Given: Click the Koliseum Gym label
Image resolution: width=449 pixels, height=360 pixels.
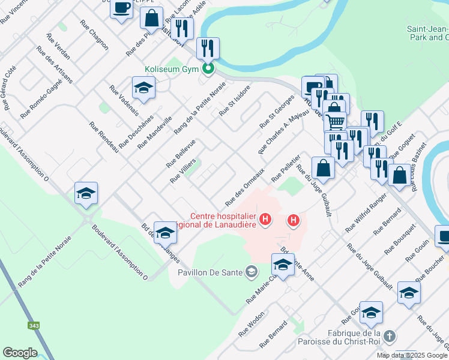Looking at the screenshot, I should (173, 69).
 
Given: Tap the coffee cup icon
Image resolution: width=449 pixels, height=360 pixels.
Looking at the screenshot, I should (122, 8).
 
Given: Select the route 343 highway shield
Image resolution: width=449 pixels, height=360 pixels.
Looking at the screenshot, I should (34, 326).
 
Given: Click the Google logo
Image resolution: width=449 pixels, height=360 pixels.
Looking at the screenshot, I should (20, 353).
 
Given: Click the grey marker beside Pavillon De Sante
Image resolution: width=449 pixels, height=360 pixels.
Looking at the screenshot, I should (253, 272).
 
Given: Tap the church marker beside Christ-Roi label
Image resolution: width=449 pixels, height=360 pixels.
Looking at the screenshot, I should (390, 336).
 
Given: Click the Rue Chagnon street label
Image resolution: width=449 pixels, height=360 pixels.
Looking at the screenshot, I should (93, 35).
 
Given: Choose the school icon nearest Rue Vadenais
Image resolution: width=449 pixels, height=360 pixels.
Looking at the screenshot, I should (143, 88).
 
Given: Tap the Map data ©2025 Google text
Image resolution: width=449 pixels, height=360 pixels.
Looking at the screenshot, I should (412, 355).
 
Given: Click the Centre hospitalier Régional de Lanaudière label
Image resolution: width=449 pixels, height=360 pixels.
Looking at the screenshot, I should (223, 220).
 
